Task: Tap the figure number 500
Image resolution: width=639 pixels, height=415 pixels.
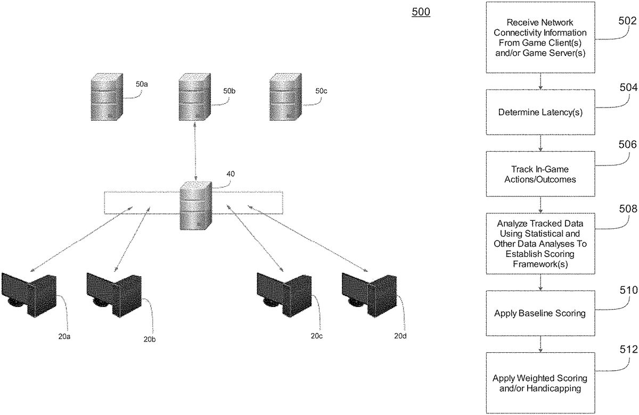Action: [x=421, y=12]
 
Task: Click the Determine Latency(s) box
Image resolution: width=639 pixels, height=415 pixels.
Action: [x=540, y=112]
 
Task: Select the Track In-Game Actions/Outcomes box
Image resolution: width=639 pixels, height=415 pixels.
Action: [x=540, y=174]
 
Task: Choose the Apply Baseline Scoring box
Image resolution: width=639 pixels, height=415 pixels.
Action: [x=540, y=313]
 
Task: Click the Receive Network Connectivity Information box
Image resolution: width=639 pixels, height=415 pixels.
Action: [x=540, y=37]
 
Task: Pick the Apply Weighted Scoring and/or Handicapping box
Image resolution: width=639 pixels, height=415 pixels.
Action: [x=540, y=383]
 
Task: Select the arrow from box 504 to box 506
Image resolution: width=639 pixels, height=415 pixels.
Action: [x=540, y=143]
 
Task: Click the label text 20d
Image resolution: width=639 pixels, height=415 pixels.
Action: [x=402, y=336]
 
